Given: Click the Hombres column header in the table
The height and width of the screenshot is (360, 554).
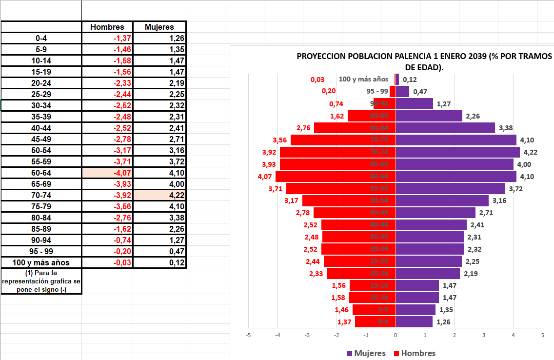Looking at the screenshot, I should click(x=107, y=27).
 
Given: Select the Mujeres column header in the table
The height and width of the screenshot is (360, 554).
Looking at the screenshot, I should click(x=159, y=27).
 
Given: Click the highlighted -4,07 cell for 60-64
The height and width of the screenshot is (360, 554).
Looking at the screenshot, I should click(x=107, y=173).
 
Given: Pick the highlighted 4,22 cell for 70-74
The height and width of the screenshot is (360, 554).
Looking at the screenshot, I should click(x=159, y=195).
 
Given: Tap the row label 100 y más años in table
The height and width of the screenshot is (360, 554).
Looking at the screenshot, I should click(x=41, y=263).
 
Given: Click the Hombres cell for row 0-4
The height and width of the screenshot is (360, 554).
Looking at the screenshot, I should click(x=107, y=38).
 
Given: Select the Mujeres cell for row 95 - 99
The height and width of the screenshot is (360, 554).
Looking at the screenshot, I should click(x=159, y=252).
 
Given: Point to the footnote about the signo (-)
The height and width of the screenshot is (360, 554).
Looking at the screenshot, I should click(x=41, y=281).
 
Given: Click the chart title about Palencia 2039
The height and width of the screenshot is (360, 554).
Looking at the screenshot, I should click(x=424, y=61).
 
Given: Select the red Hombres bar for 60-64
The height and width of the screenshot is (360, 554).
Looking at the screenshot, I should click(x=322, y=176).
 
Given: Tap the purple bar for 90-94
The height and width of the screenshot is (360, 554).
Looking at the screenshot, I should click(x=414, y=103).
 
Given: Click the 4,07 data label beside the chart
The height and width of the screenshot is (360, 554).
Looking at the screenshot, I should click(x=265, y=176).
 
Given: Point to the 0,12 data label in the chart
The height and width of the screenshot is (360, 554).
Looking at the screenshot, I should click(x=410, y=80).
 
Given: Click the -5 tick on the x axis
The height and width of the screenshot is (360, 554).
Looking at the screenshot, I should click(x=248, y=335).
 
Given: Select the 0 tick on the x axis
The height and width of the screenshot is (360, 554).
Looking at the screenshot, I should click(x=396, y=335).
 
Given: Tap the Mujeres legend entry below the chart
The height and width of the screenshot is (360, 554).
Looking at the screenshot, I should click(x=366, y=353).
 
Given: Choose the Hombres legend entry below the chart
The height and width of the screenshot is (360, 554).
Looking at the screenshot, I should click(x=414, y=353).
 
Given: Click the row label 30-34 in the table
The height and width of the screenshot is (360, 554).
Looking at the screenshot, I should click(x=41, y=105).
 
